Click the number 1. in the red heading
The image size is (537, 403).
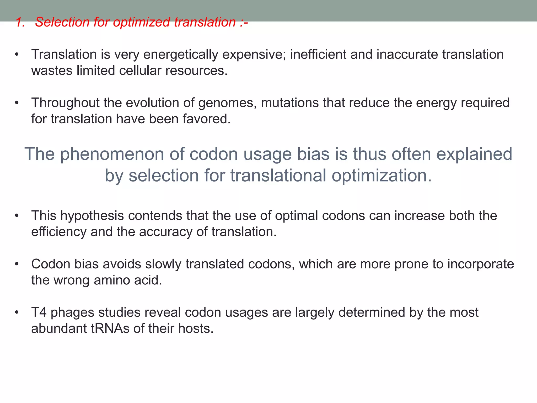tap(20, 22)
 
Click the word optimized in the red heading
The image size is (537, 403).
tap(141, 22)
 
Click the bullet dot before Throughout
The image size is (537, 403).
tap(17, 103)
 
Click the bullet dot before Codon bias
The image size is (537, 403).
tap(17, 264)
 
